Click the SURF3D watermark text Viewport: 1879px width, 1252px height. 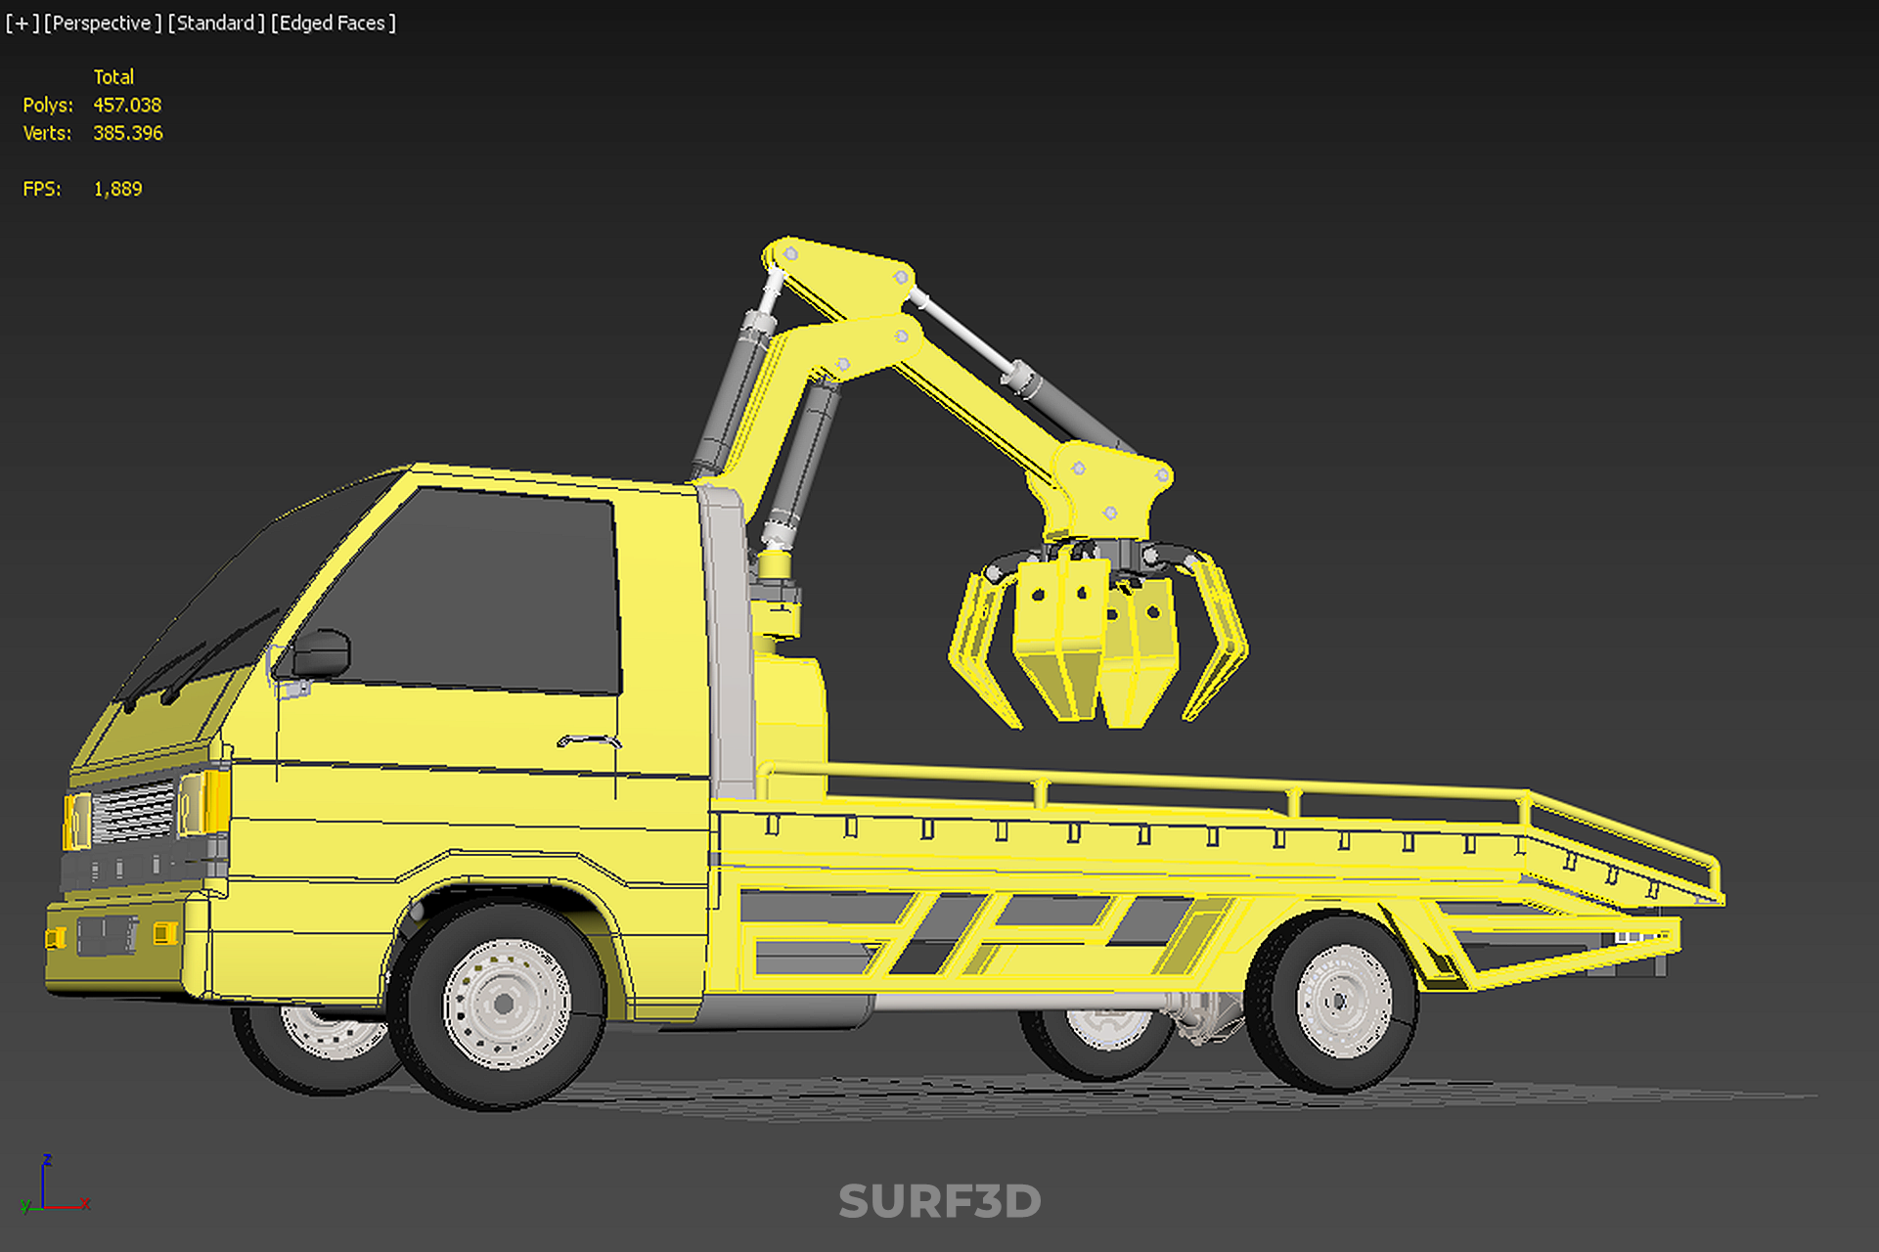click(x=939, y=1201)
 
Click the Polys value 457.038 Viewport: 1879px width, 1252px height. click(x=127, y=105)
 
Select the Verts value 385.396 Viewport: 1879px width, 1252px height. click(x=128, y=133)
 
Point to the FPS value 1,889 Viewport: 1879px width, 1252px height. click(x=117, y=189)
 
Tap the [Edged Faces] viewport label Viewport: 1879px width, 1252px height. click(x=334, y=22)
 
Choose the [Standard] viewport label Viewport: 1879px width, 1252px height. click(x=216, y=22)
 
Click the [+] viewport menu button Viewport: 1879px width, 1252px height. click(x=22, y=22)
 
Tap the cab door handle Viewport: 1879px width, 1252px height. click(x=589, y=739)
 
